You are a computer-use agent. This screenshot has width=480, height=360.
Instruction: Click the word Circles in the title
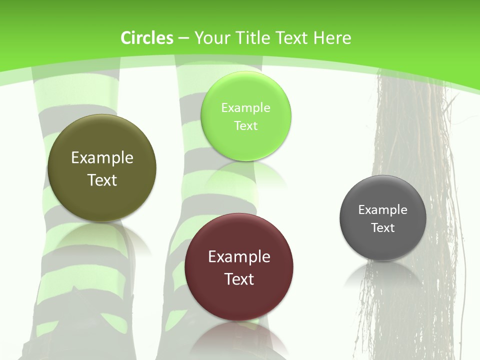click(147, 38)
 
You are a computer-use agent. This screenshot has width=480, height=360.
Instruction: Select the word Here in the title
click(332, 38)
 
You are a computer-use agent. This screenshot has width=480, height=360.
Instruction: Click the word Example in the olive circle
click(102, 158)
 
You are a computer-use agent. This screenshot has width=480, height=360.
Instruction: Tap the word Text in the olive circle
click(102, 180)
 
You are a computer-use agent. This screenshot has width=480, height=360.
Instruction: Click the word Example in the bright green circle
click(245, 108)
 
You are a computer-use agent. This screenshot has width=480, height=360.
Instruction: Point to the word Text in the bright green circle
click(245, 126)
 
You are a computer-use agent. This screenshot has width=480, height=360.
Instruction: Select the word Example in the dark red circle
click(239, 257)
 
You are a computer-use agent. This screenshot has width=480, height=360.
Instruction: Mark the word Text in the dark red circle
click(239, 279)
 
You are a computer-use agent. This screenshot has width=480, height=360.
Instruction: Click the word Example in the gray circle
click(383, 210)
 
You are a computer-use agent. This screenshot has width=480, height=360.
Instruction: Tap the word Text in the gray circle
click(383, 228)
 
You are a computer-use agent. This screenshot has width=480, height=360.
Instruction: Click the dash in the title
click(183, 38)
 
